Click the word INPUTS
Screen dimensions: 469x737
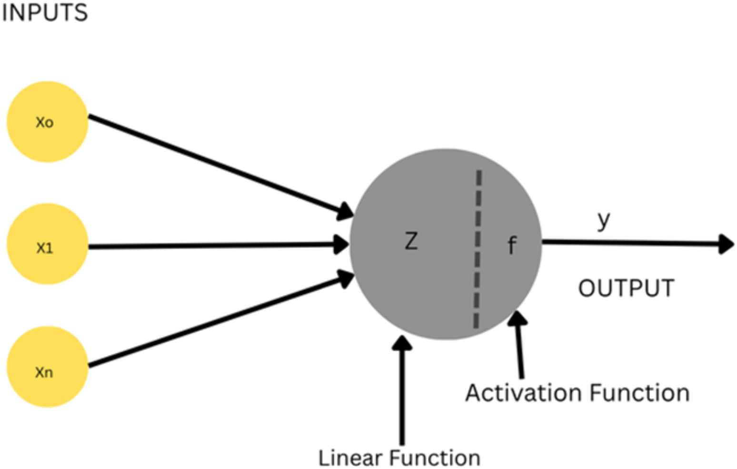45,12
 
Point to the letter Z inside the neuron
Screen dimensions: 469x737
411,241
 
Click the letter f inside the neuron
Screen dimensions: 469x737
512,246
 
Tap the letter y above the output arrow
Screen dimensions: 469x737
604,220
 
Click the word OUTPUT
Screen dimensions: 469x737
626,289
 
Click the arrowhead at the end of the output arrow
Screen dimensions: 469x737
726,244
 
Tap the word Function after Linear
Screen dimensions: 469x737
435,458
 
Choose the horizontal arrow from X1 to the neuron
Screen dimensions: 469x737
214,246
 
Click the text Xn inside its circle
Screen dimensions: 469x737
44,372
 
